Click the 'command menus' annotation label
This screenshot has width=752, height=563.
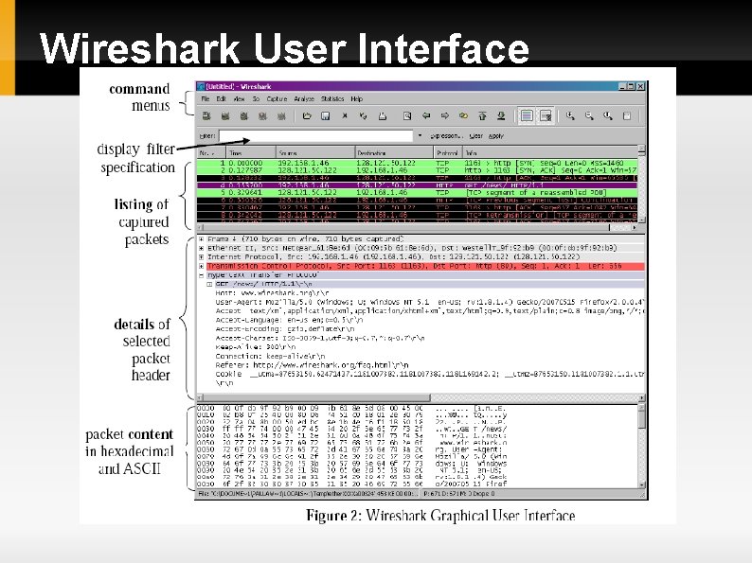point(140,97)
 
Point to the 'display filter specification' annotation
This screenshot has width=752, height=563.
point(136,158)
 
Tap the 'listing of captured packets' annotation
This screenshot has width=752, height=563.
point(143,221)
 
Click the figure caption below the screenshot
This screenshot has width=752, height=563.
point(439,516)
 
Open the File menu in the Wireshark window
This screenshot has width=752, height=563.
point(206,98)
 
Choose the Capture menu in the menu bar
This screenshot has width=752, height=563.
point(277,98)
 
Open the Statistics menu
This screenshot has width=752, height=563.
point(332,98)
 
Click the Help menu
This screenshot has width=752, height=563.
point(357,98)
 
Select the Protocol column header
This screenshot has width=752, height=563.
point(446,152)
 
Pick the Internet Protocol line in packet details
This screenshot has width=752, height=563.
point(417,255)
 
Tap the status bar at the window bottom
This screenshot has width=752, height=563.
point(417,493)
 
